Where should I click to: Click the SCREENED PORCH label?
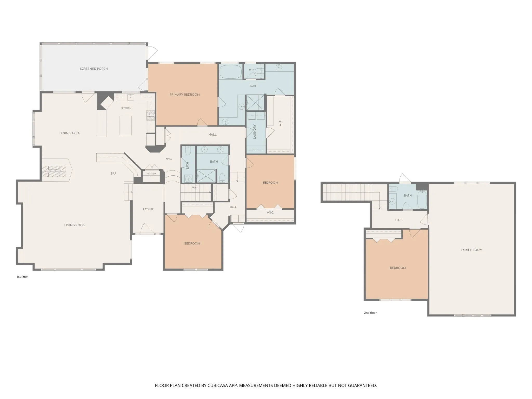[94, 69]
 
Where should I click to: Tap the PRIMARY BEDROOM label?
[185, 95]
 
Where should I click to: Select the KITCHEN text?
[126, 108]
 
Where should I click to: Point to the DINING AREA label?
[69, 133]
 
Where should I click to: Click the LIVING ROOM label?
[75, 225]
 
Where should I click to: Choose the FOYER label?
[148, 209]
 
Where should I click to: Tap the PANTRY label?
[151, 174]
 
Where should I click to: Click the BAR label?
[114, 174]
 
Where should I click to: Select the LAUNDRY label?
[255, 131]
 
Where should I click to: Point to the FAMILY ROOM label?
[471, 250]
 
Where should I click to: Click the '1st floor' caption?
[22, 277]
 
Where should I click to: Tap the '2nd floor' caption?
[370, 313]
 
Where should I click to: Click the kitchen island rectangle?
[125, 125]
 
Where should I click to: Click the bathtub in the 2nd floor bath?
[422, 199]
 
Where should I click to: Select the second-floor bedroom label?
[398, 268]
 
